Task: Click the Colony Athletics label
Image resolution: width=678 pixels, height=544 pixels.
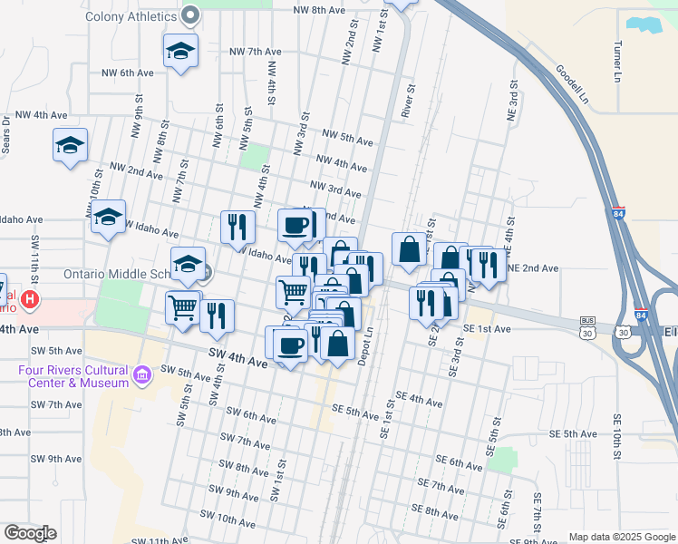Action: click(x=131, y=16)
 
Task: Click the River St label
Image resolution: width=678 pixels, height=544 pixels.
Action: click(x=409, y=102)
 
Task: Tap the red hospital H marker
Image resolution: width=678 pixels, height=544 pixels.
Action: click(x=31, y=298)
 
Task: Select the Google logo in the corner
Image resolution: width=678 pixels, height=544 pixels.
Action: click(x=30, y=533)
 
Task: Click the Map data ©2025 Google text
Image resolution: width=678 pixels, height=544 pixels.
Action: click(x=622, y=537)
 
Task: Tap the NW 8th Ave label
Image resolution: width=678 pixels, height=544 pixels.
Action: click(x=320, y=10)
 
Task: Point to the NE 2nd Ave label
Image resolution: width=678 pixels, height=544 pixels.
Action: click(x=532, y=268)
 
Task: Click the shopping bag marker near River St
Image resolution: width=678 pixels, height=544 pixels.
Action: click(x=409, y=249)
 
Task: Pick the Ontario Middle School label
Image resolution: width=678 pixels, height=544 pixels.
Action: click(x=115, y=274)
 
